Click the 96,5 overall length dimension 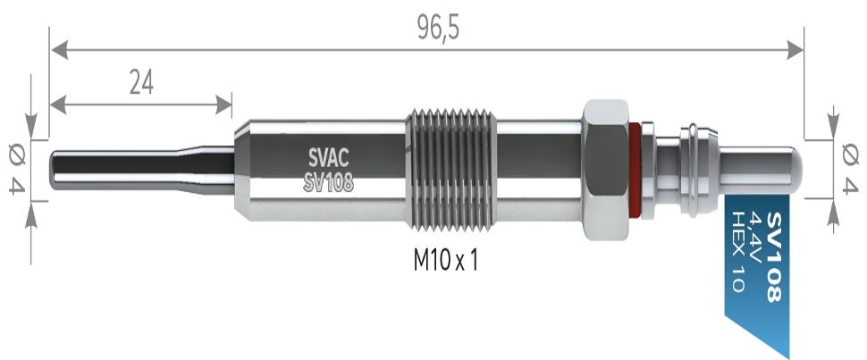tap(439, 28)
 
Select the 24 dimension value tap(141, 82)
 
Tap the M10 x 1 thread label tap(445, 260)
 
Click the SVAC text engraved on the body tap(328, 159)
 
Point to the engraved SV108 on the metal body tap(328, 182)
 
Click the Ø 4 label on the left tap(17, 168)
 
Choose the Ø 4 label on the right tap(849, 168)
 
